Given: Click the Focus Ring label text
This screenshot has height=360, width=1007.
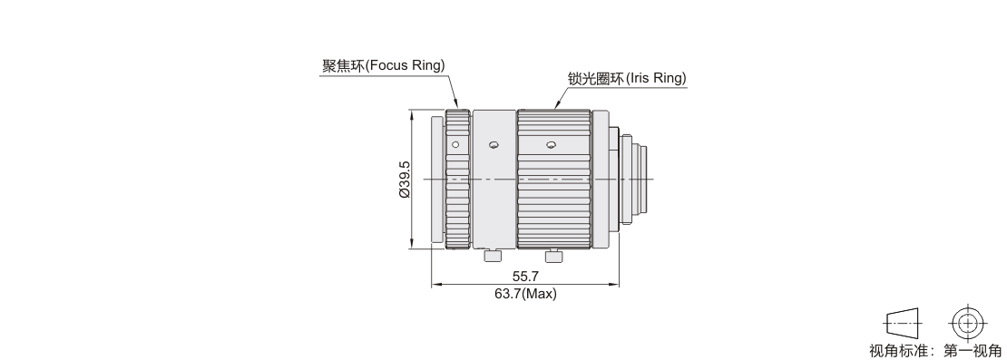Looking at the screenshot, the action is pos(383,65).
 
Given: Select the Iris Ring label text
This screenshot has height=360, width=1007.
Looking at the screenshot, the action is pos(627,78).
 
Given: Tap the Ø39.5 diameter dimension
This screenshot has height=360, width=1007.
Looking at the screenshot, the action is pos(404,179).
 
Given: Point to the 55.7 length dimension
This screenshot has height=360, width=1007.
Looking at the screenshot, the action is pos(525,276).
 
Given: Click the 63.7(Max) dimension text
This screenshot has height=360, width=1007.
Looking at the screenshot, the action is pos(525,294).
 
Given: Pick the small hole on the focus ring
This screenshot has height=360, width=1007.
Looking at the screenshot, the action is pos(455,144).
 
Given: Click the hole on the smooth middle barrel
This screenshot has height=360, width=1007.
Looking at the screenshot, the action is pos(494,145).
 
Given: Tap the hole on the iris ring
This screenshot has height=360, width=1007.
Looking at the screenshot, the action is pos(551,145).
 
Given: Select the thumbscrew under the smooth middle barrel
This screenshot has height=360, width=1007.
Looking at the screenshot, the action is pos(492,256).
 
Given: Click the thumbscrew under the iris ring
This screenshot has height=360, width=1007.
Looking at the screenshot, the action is pos(553,256).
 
